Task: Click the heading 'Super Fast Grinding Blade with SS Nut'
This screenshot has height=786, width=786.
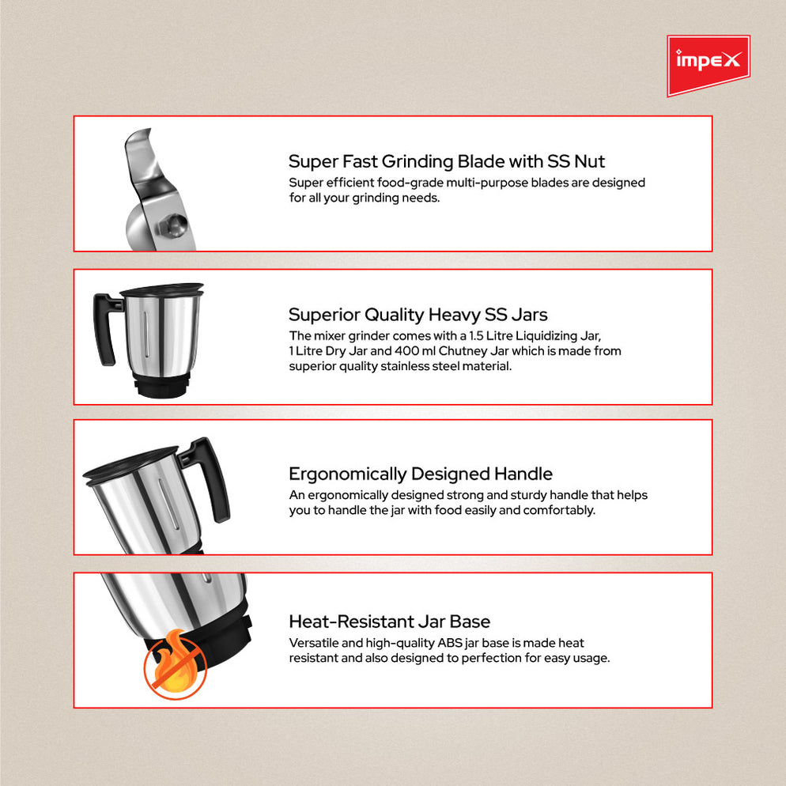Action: pos(446,161)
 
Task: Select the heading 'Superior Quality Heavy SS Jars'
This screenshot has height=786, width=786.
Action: pos(418,314)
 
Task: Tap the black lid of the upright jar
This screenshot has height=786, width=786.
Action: pos(161,289)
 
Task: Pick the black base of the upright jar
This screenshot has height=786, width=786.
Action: pos(162,387)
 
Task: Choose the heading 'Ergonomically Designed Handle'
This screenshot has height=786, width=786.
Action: pos(420,474)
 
